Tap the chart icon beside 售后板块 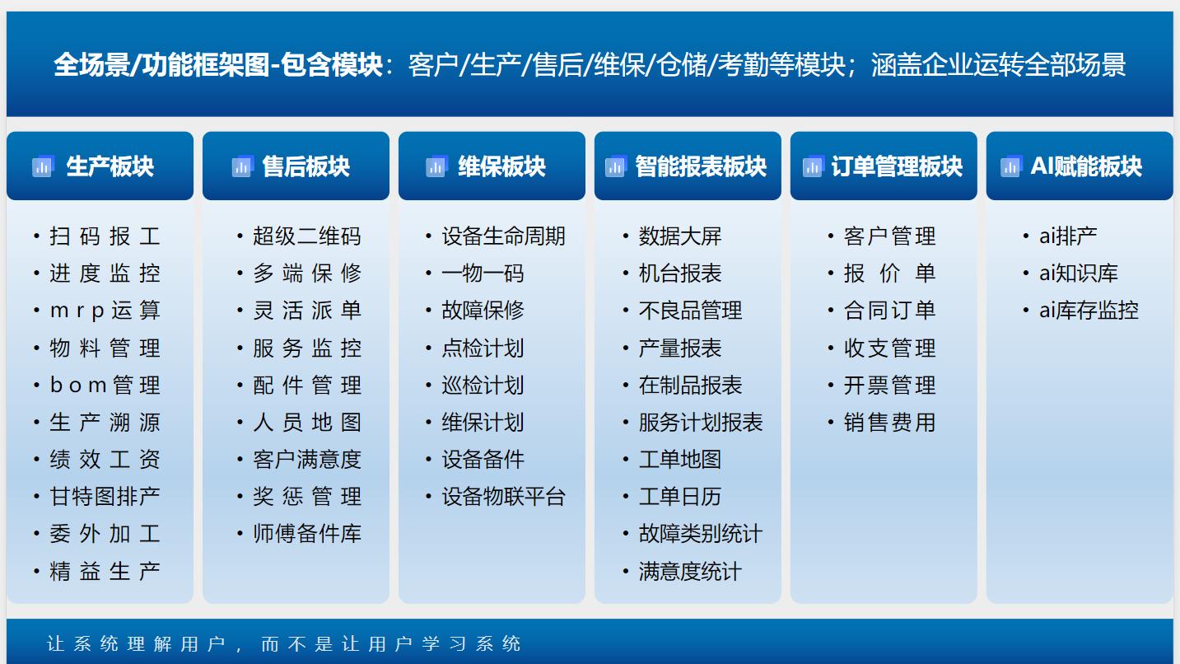[x=242, y=166]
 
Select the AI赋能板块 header [x=1085, y=166]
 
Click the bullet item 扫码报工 [x=105, y=236]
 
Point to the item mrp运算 [x=105, y=311]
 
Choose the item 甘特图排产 [x=105, y=497]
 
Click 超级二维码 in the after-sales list [x=306, y=236]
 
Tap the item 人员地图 [x=306, y=423]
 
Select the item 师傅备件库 [x=306, y=534]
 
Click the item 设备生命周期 [x=503, y=236]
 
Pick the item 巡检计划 [x=483, y=386]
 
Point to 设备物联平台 [x=503, y=497]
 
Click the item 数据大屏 [x=679, y=236]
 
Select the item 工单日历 [x=679, y=497]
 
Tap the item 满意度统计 [x=690, y=571]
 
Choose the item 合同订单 [x=889, y=311]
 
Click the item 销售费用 [x=889, y=423]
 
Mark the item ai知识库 [x=1078, y=274]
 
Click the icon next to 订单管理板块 [x=814, y=166]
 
